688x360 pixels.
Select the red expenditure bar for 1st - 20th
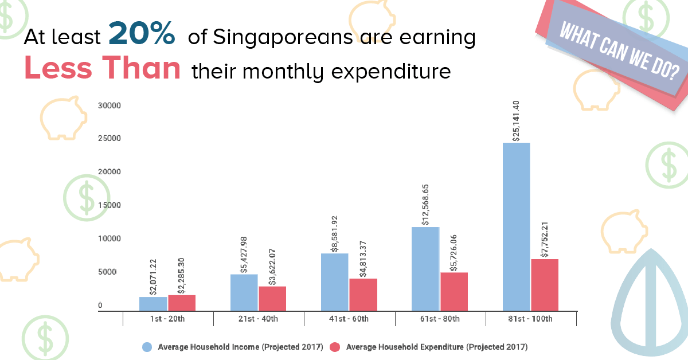click(x=182, y=303)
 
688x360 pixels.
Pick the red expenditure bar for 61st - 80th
click(x=454, y=292)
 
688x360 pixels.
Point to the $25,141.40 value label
click(x=516, y=120)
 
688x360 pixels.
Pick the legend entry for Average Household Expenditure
click(x=429, y=347)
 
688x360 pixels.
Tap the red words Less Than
click(x=103, y=69)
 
